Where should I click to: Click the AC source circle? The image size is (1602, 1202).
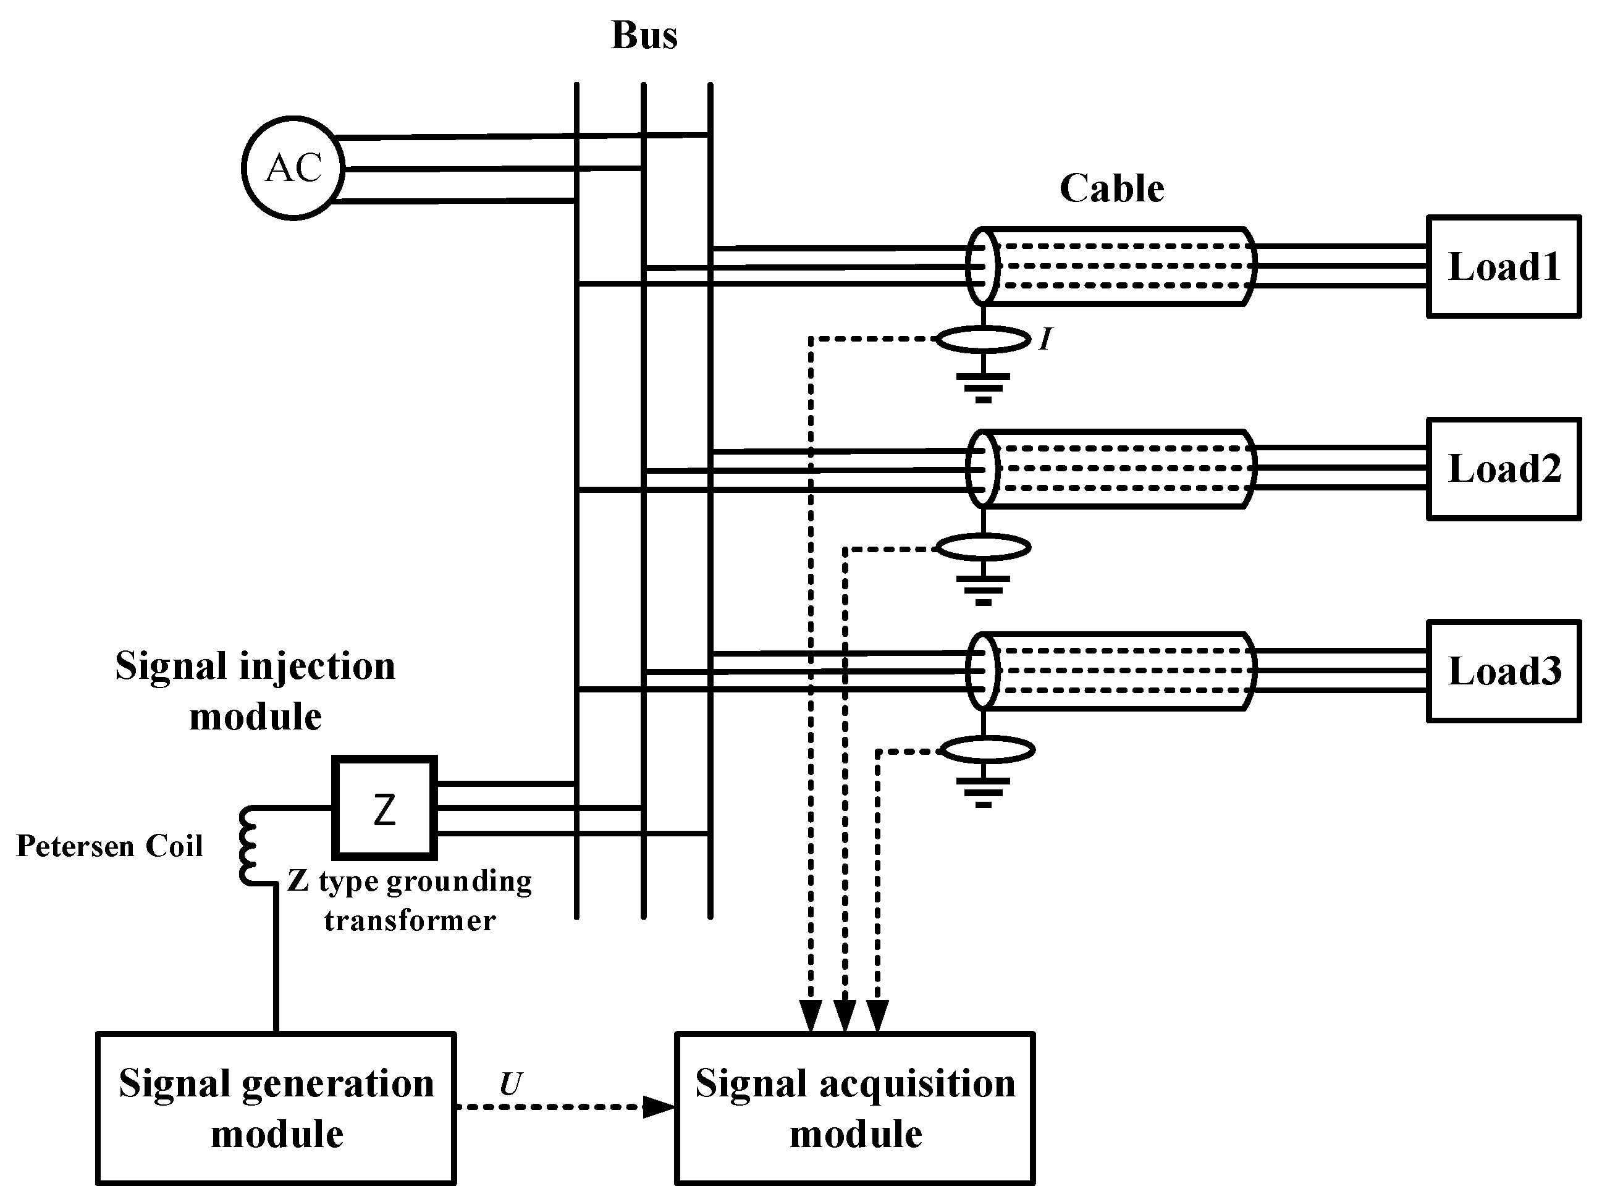pyautogui.click(x=293, y=168)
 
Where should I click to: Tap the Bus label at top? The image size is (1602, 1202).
pyautogui.click(x=644, y=35)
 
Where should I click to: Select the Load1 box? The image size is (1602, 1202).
pyautogui.click(x=1504, y=266)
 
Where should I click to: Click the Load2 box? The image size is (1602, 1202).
pyautogui.click(x=1504, y=468)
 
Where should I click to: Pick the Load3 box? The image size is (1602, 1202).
pyautogui.click(x=1504, y=671)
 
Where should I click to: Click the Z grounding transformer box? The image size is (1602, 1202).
pyautogui.click(x=384, y=808)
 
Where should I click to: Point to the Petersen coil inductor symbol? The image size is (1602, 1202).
pyautogui.click(x=248, y=845)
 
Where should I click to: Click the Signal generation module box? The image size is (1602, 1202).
pyautogui.click(x=276, y=1108)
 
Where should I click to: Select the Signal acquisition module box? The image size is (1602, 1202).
pyautogui.click(x=854, y=1108)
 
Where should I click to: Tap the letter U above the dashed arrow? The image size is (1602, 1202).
pyautogui.click(x=510, y=1084)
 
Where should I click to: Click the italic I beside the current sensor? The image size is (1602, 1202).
pyautogui.click(x=1044, y=339)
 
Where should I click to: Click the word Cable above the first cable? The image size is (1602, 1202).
pyautogui.click(x=1111, y=188)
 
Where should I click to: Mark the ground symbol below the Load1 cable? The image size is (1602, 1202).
pyautogui.click(x=983, y=387)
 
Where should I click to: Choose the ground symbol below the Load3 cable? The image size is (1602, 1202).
pyautogui.click(x=983, y=791)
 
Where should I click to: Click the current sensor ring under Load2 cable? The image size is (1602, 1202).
pyautogui.click(x=984, y=547)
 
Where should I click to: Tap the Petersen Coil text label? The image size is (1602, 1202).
pyautogui.click(x=109, y=846)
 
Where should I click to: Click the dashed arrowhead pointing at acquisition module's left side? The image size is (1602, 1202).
pyautogui.click(x=659, y=1107)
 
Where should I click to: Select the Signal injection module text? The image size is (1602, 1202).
pyautogui.click(x=255, y=691)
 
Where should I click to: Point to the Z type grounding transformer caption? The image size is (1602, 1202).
pyautogui.click(x=410, y=901)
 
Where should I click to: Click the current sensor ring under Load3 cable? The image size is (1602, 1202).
pyautogui.click(x=987, y=750)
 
